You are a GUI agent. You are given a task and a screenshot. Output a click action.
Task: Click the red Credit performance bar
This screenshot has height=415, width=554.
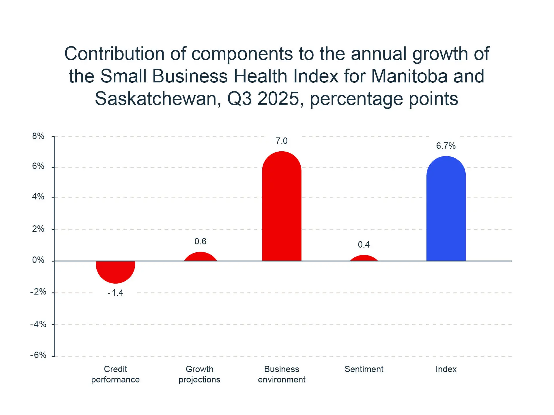pos(115,271)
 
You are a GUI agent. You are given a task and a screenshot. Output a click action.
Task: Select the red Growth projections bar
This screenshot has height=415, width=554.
pos(200,257)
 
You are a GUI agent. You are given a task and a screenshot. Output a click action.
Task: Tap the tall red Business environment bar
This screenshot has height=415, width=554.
pos(282,207)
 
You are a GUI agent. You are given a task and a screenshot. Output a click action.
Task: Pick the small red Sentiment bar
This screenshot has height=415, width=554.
pos(364,259)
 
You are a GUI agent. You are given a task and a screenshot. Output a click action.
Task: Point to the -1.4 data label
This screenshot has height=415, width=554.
pos(115,293)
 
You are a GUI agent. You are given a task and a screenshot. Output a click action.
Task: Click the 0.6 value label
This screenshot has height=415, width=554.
pos(200,242)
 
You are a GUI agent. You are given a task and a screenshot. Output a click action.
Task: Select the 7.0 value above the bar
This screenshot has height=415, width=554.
pos(282,141)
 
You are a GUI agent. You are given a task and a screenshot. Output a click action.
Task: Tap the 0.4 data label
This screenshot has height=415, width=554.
pos(364,245)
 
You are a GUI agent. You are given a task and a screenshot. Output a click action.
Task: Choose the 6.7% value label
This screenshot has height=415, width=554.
pos(446,146)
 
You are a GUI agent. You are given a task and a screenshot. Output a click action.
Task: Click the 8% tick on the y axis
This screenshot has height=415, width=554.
pos(38,136)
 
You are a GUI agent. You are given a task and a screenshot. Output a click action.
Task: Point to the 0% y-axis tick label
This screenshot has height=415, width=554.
pos(38,260)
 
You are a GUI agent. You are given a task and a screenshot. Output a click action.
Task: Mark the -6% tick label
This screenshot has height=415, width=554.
pos(38,355)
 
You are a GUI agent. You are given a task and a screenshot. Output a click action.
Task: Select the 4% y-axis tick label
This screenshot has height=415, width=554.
pos(38,197)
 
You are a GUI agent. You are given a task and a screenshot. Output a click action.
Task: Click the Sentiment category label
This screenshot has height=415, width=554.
pos(364,369)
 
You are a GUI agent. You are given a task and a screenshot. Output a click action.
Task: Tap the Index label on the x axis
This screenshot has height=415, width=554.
pos(446,369)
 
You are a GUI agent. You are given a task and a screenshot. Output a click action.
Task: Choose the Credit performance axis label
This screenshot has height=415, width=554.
pos(115,374)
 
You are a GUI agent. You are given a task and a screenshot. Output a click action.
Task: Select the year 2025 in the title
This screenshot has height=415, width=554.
pos(278,99)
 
